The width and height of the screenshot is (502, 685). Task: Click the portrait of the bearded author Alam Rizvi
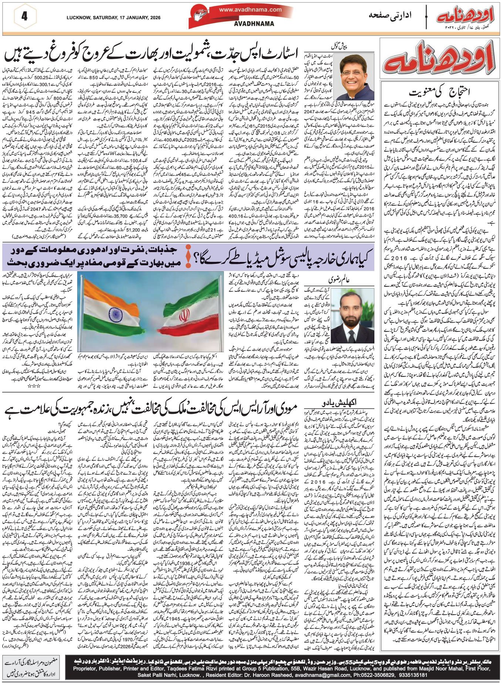352,316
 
